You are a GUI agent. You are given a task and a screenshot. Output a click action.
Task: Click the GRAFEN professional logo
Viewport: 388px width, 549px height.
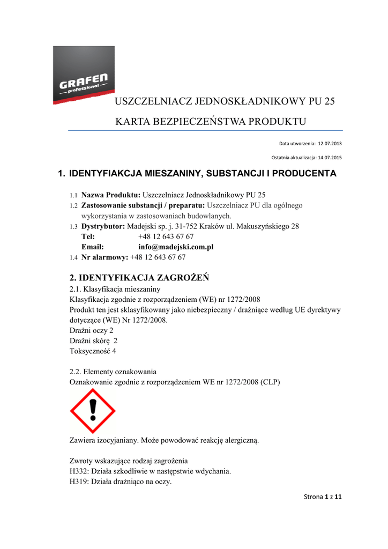[84, 75]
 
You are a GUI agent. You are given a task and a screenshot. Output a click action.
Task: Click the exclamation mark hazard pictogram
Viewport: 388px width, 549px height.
[93, 411]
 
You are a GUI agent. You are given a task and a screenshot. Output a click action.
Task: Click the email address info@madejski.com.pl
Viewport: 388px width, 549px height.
[176, 247]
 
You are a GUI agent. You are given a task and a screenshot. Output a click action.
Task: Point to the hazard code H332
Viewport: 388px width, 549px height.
[79, 471]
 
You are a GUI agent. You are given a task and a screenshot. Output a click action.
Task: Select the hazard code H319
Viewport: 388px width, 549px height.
[79, 481]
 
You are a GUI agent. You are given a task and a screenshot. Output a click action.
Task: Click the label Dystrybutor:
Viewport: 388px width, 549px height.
[103, 226]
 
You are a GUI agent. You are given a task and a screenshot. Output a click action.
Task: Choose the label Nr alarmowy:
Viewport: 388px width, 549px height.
[105, 257]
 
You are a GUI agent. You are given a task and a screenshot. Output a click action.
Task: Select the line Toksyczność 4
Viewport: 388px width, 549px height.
[93, 351]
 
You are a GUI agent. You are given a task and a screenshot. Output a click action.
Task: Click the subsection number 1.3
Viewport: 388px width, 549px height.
[73, 227]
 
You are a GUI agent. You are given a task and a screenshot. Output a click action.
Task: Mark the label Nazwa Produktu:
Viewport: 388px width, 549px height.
[110, 195]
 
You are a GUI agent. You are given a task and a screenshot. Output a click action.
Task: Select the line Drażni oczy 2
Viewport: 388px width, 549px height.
[92, 330]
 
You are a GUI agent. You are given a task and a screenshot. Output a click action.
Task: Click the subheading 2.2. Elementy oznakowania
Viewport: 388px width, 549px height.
[113, 372]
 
